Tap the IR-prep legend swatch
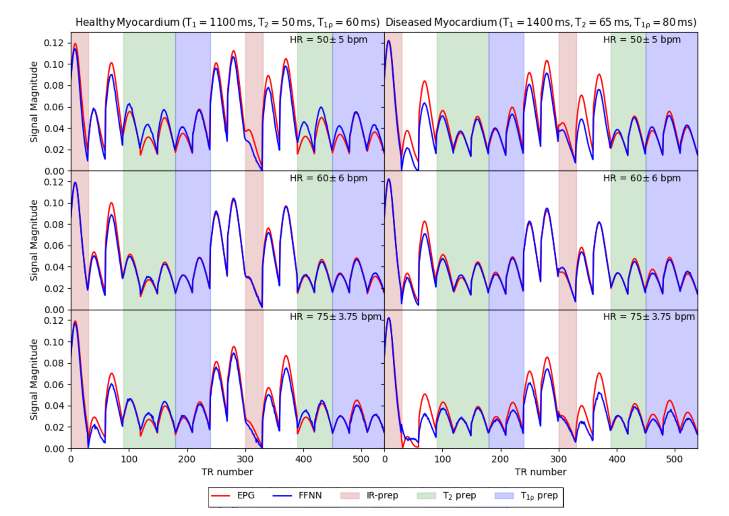[350, 496]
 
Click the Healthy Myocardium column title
[227, 22]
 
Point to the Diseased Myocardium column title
[541, 22]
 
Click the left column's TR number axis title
[227, 472]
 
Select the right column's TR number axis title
[541, 472]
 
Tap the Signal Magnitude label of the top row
[34, 102]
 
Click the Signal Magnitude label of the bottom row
[34, 380]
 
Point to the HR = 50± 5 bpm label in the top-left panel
[328, 40]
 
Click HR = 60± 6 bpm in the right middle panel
[642, 179]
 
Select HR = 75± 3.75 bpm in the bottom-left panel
[335, 317]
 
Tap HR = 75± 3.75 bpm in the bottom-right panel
[649, 317]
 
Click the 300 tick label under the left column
[245, 459]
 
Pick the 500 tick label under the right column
[674, 459]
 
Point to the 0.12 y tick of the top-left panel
[54, 43]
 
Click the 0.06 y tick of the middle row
[54, 246]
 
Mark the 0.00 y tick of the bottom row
[54, 449]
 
